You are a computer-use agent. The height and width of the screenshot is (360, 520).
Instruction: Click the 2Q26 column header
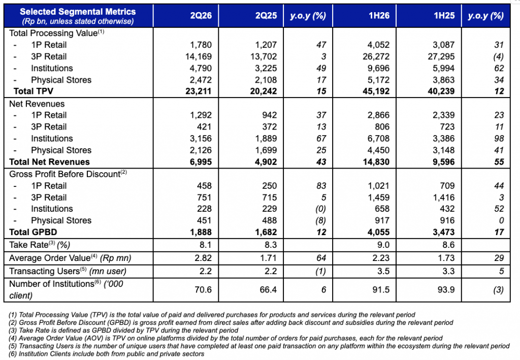(201, 16)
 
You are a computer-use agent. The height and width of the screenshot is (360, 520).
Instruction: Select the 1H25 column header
(444, 16)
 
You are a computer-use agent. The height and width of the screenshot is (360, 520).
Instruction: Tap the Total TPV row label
(33, 91)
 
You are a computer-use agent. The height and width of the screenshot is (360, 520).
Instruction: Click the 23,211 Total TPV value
(199, 91)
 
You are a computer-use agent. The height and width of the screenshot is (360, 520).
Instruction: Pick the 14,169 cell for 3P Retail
(199, 56)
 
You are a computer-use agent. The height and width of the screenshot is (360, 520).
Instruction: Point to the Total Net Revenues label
(49, 162)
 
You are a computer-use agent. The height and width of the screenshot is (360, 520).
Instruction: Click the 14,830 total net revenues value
(376, 162)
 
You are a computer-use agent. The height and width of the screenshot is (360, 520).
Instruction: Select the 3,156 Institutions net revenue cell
(201, 139)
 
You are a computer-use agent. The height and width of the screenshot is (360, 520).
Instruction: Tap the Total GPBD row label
(33, 232)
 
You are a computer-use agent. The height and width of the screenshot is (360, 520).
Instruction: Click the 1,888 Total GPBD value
(201, 232)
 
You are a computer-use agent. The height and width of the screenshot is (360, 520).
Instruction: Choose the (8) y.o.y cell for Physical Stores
(321, 220)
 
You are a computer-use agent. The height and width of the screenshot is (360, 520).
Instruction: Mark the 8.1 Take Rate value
(205, 245)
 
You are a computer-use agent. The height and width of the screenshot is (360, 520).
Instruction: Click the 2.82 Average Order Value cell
(203, 258)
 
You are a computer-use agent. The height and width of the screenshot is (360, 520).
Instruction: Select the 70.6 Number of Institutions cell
(203, 290)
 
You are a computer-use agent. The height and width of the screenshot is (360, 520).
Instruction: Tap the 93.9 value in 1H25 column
(446, 290)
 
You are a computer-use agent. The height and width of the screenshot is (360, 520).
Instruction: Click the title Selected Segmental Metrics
(78, 12)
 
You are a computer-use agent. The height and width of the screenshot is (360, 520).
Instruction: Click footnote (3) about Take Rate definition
(123, 331)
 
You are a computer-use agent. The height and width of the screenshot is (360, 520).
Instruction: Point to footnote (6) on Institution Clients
(107, 354)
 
